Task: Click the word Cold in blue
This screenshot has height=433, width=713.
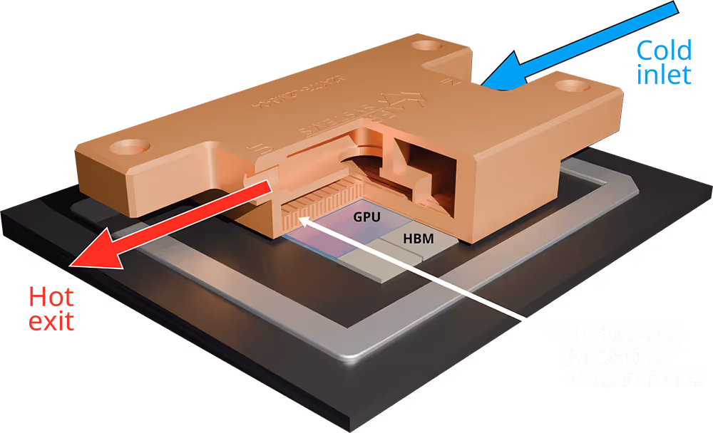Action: tap(664, 51)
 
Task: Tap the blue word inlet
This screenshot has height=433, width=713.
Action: tap(664, 74)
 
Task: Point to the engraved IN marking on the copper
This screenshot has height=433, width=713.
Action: tap(449, 82)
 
